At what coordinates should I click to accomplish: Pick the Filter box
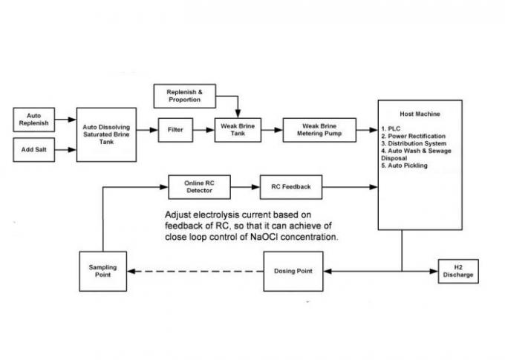click(x=175, y=129)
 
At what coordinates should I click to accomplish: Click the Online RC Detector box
click(x=199, y=187)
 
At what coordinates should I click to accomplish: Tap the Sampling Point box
click(x=103, y=271)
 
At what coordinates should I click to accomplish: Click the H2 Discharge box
click(x=457, y=271)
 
